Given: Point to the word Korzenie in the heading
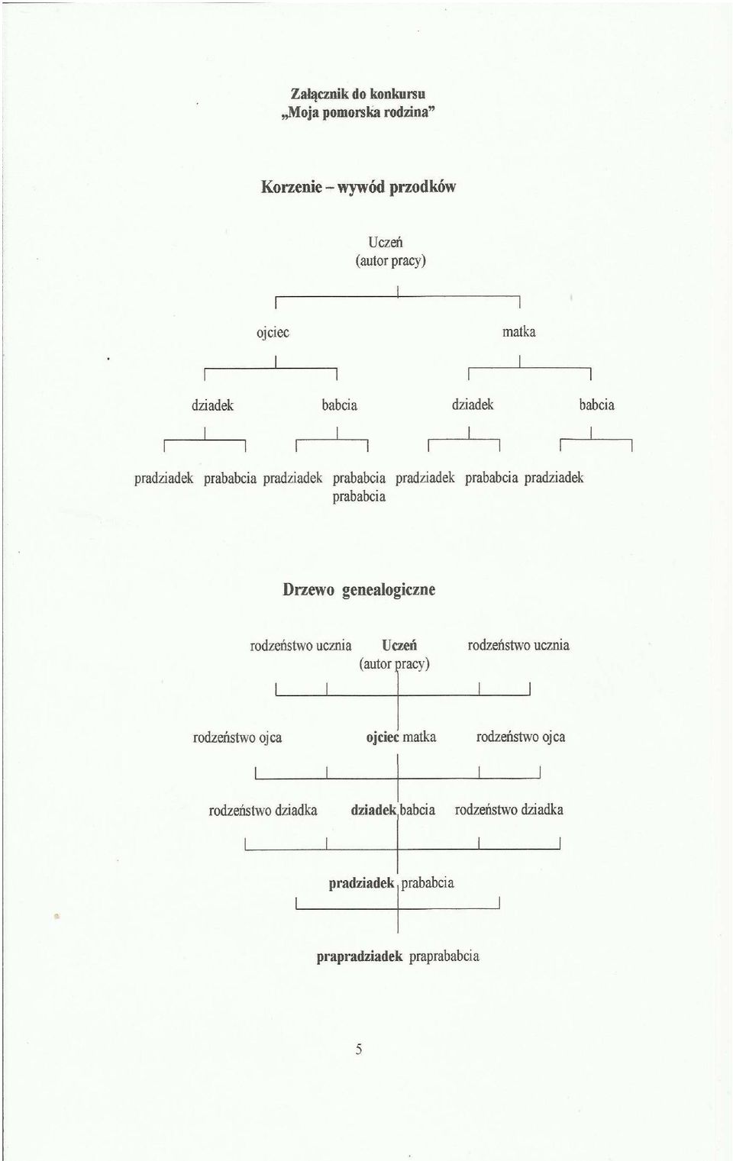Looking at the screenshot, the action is [x=292, y=186].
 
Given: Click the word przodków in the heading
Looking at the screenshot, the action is [x=422, y=187].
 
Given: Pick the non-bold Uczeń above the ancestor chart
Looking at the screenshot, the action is [x=385, y=242].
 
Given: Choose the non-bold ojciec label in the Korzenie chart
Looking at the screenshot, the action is [x=273, y=332].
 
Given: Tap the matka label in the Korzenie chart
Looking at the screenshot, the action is [x=519, y=331].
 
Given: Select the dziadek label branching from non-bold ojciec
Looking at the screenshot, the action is [x=212, y=405].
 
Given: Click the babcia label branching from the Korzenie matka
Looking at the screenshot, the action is [x=596, y=405].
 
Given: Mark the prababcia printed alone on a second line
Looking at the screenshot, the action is [x=359, y=496].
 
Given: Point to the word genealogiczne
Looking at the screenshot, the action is [x=389, y=590].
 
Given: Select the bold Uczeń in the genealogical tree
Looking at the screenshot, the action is [x=399, y=645].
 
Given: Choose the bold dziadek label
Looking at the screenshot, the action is [x=374, y=810].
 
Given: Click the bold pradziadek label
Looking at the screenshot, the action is [x=362, y=883].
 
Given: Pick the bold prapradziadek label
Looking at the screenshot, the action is [x=360, y=956].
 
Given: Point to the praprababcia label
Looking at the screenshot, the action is [x=444, y=956].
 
